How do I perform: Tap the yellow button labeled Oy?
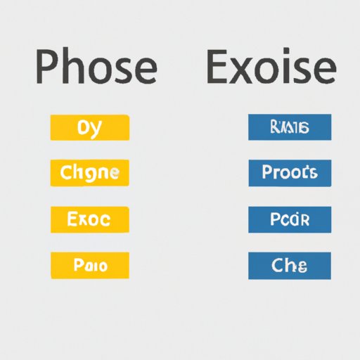(x=90, y=128)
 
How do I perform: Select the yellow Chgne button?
(x=90, y=172)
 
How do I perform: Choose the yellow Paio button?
(x=90, y=266)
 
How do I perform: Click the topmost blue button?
(x=289, y=128)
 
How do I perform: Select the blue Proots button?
(x=289, y=172)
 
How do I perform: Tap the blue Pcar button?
(x=289, y=219)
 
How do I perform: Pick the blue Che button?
(x=289, y=266)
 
